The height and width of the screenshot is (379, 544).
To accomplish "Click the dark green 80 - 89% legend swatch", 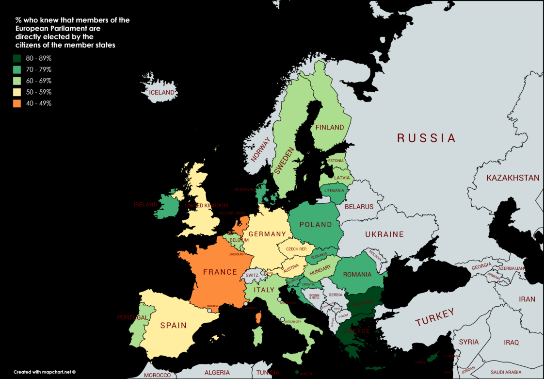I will (17, 58).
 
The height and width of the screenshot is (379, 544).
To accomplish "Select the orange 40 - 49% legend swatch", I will (17, 103).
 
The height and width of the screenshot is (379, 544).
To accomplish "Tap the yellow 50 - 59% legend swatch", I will (17, 92).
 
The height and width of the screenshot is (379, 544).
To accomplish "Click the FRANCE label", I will (220, 272).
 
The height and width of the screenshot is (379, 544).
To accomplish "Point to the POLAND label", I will (316, 225).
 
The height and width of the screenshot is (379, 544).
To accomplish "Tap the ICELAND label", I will (161, 92).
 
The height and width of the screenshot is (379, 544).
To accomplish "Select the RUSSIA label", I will (426, 138).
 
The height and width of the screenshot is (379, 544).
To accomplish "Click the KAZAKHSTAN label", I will (513, 178).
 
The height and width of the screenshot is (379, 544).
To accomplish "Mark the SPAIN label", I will (173, 325).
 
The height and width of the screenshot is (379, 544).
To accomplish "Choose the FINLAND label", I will (330, 128).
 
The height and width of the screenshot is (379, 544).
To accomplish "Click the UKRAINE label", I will (384, 234).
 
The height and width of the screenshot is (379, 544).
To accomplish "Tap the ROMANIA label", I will (357, 275).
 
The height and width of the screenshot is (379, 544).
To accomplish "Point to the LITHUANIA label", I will (334, 190).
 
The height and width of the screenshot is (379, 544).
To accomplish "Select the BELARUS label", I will (359, 207).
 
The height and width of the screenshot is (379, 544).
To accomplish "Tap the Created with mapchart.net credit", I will (45, 372).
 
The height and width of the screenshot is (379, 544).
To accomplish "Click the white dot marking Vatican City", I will (283, 319).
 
